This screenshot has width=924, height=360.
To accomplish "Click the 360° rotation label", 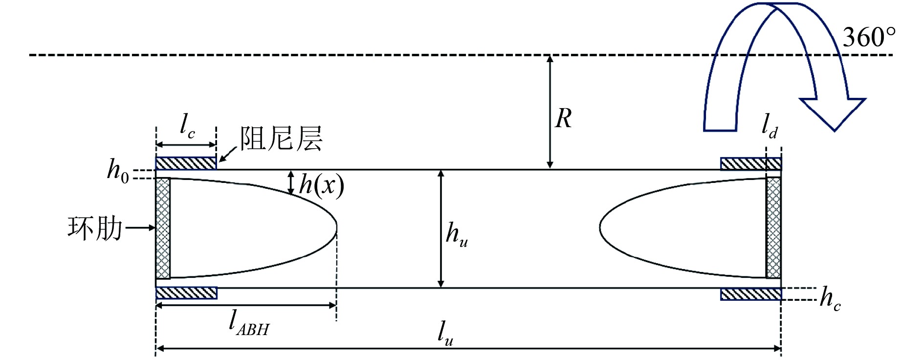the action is coord(869,37).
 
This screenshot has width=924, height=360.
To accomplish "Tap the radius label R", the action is coord(564,119).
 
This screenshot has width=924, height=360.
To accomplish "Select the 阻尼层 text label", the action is coord(281,138).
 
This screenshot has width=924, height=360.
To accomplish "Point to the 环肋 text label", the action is coord(95,228).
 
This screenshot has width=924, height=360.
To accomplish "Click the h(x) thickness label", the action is coord(321,186).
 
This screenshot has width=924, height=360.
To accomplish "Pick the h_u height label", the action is coord(457,234).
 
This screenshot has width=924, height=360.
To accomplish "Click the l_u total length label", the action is coord(445,333).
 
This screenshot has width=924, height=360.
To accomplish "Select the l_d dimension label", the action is coord(770,126).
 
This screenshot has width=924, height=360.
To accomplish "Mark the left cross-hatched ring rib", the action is coord(163,228).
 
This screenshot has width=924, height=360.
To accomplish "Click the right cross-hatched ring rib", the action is coord(773,228).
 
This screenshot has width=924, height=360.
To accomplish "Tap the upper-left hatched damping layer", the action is coord(186,163).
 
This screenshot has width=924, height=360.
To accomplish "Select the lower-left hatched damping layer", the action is coord(186,293).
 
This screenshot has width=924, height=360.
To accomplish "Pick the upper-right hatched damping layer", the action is coord(750,163).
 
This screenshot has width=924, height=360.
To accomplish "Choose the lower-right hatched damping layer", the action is coord(750,294).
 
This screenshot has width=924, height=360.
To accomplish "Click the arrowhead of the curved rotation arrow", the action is coord(834,112).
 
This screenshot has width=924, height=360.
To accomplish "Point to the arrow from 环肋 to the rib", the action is coord(140,228).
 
